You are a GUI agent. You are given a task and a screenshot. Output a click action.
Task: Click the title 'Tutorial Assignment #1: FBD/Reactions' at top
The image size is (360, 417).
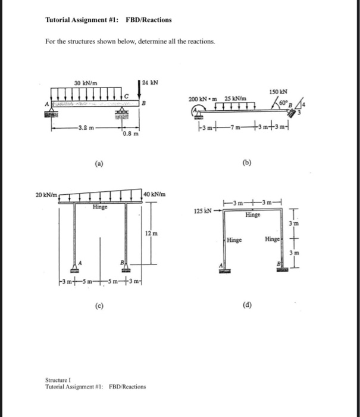(x=108, y=20)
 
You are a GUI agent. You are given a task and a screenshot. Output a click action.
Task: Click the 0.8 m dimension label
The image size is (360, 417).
(x=130, y=134)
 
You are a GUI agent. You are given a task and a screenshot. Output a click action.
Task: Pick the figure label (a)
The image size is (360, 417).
(x=98, y=161)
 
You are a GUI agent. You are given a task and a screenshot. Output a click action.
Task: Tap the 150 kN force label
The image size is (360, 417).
(x=278, y=92)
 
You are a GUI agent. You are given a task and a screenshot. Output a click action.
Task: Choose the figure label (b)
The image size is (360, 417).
(x=247, y=161)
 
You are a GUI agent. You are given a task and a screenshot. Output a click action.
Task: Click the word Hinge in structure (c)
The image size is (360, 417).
(x=99, y=207)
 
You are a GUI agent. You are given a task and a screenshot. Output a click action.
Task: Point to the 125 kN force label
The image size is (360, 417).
(x=203, y=211)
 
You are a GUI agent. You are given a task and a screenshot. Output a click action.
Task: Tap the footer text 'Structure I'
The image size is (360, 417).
(x=58, y=379)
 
